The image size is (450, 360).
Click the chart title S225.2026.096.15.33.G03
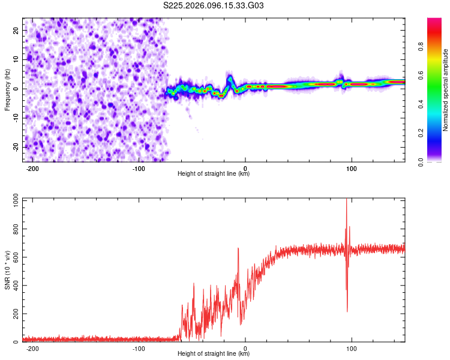pos(214,6)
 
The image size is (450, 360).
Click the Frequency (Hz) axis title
pos(7,89)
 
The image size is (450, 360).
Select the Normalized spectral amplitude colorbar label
pos(446,90)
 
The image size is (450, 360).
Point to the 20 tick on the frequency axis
pos(16,30)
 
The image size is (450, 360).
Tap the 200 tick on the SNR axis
pos(14,314)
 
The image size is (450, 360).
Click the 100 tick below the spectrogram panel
pos(352,168)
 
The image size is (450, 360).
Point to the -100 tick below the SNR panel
pos(139,348)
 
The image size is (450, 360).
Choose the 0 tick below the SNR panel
pos(245,348)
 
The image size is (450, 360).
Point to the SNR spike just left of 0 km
pos(238,249)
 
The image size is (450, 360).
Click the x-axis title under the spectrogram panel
pos(214,174)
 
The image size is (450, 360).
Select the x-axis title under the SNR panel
pos(214,354)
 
